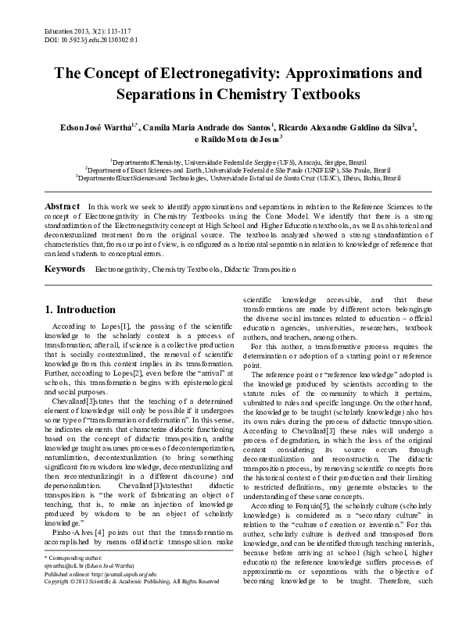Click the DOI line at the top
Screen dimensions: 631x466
(x=70, y=37)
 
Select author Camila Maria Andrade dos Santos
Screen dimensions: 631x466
(x=206, y=126)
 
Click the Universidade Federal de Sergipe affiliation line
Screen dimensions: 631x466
(x=233, y=157)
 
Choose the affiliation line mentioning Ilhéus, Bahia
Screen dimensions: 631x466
(x=233, y=177)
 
